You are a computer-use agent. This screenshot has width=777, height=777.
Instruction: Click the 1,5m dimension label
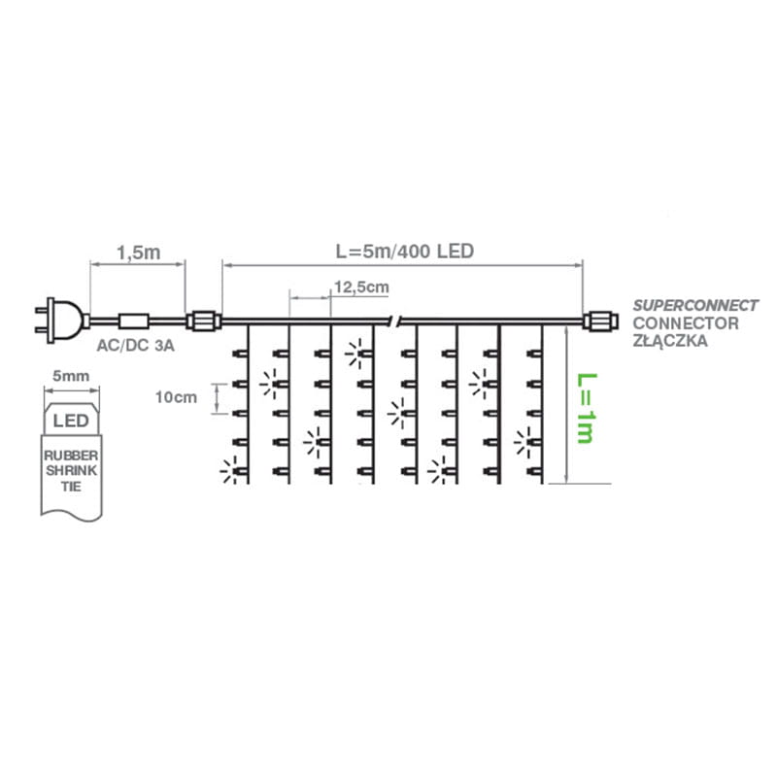point(137,253)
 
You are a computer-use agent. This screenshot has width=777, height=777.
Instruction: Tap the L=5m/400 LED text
point(403,252)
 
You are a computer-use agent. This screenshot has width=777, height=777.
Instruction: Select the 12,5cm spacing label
point(360,287)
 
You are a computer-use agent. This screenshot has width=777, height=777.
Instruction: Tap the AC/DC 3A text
point(135,346)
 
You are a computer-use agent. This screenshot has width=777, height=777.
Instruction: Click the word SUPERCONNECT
point(695,305)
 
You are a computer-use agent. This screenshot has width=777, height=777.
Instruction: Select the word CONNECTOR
point(685,323)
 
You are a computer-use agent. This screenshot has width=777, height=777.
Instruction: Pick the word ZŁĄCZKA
point(670,342)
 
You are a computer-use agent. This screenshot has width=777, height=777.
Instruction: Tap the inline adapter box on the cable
point(133,320)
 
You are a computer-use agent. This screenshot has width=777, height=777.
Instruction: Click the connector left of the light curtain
point(203,320)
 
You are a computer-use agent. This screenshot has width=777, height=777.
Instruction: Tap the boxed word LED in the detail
point(69,422)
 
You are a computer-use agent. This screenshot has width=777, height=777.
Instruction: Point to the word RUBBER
point(69,454)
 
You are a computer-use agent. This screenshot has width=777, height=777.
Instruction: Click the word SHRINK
point(69,469)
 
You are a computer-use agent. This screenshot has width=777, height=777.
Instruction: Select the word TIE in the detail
point(69,485)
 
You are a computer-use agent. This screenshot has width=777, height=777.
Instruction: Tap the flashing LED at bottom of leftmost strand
point(230,473)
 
